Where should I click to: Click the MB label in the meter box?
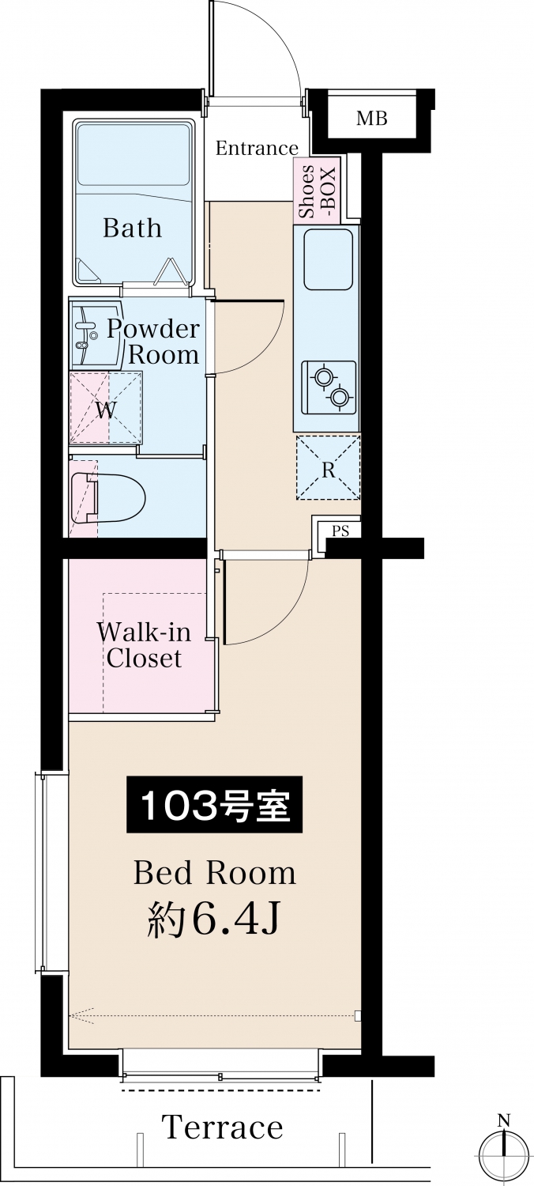click(x=371, y=118)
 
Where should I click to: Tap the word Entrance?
click(x=257, y=148)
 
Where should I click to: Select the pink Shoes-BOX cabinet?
click(x=316, y=191)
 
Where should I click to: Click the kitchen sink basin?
click(x=328, y=259)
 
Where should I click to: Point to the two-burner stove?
click(x=329, y=387)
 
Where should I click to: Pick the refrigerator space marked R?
click(x=328, y=467)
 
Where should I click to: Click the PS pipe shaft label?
click(x=340, y=531)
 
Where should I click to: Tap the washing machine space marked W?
click(x=106, y=407)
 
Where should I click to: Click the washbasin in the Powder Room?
click(x=96, y=334)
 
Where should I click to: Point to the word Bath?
click(x=132, y=228)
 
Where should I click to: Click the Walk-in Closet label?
click(x=144, y=644)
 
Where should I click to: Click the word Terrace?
click(x=222, y=1126)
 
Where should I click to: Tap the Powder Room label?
click(x=153, y=342)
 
